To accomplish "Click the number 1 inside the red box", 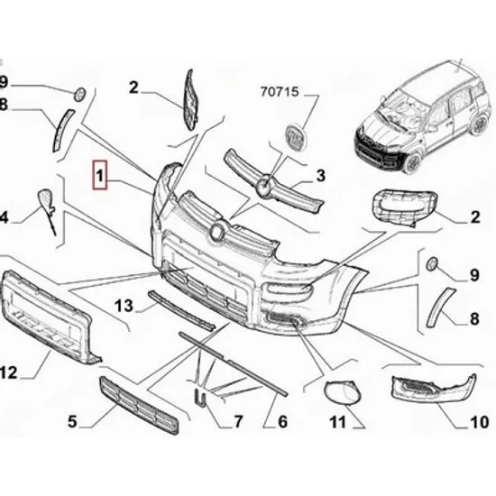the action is [x=99, y=176].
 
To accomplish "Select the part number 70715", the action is [x=280, y=92].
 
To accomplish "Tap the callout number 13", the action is [x=124, y=306].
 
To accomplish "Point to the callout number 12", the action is [x=8, y=372].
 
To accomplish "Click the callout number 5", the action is [x=72, y=421].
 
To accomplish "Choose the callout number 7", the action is [x=238, y=421].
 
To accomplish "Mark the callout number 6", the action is [x=282, y=421].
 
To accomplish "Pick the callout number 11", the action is [x=338, y=422].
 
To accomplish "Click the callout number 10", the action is [x=480, y=422].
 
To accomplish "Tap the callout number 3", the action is [x=321, y=176].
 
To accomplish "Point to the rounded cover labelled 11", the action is [x=343, y=392].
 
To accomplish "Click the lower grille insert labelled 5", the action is [x=139, y=406].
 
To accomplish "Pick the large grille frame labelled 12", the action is [x=48, y=317].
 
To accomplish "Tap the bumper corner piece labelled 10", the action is [x=435, y=389].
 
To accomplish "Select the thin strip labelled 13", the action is [x=181, y=310].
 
